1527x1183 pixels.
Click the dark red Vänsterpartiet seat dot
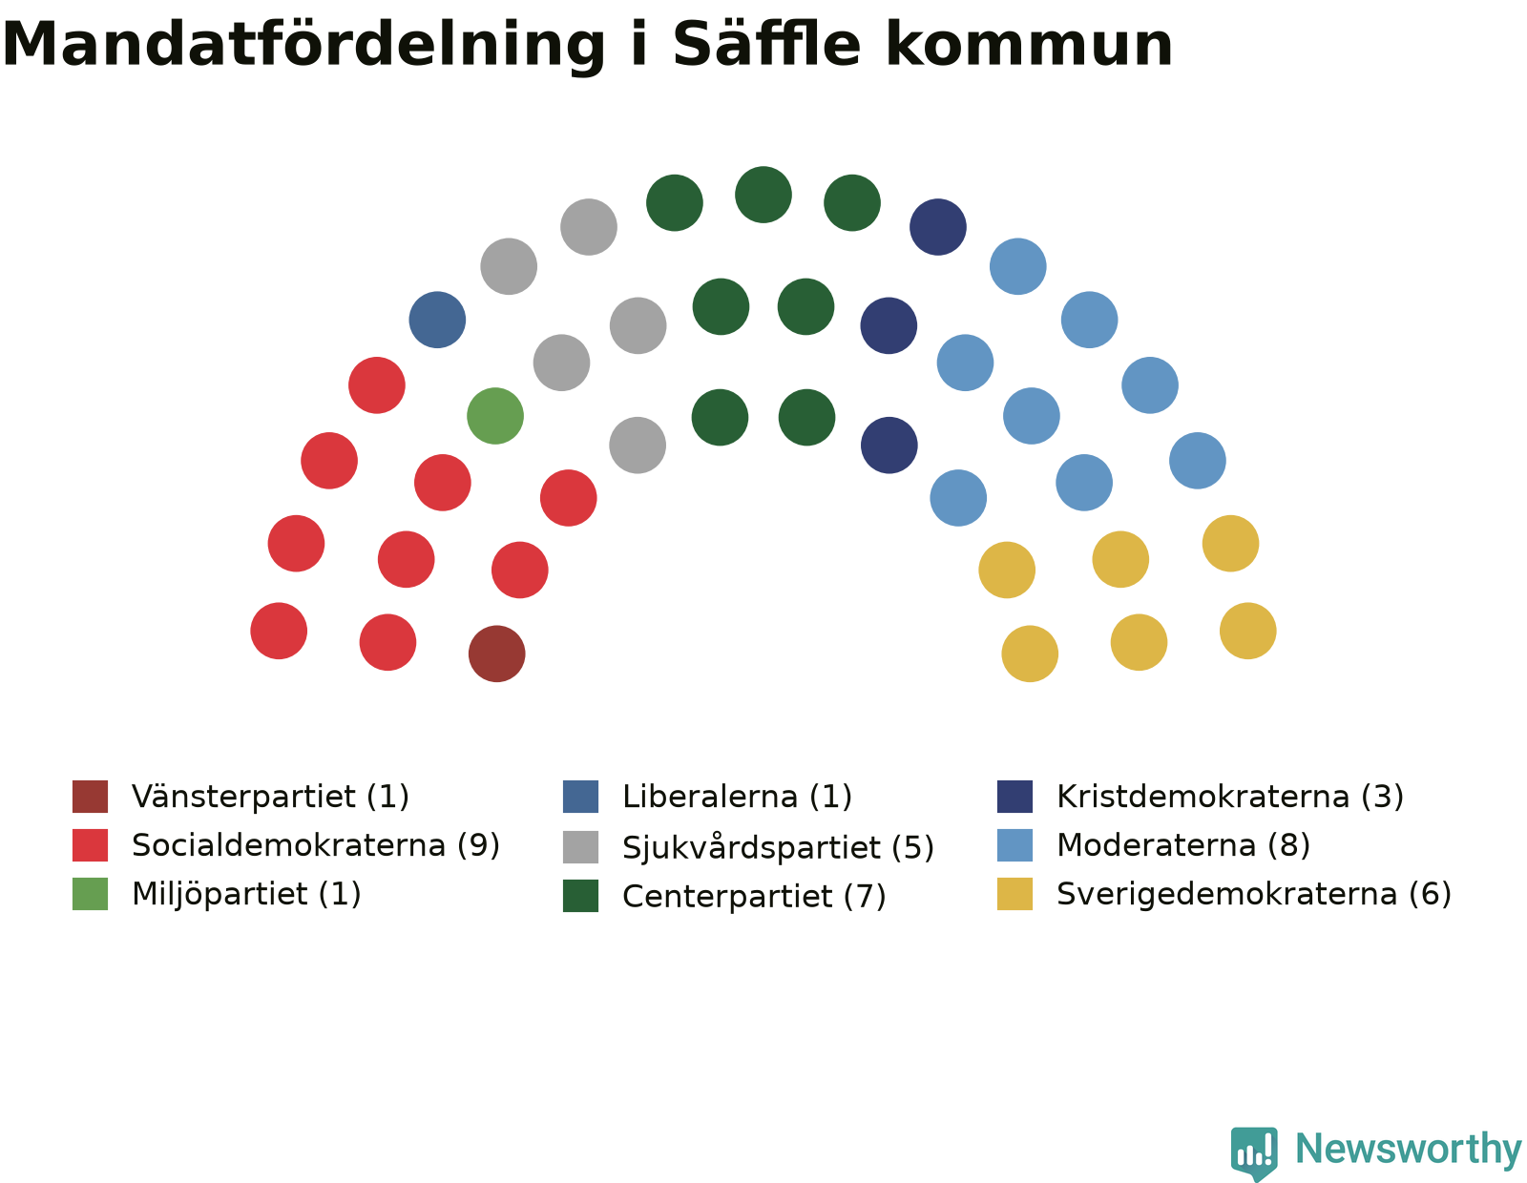coord(497,654)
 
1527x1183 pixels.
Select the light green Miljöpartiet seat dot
coord(495,416)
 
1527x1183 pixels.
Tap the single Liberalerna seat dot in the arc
coord(437,320)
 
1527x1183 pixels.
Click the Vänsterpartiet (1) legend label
coord(270,797)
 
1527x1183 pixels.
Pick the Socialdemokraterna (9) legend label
coord(316,845)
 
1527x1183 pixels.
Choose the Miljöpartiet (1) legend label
coord(246,894)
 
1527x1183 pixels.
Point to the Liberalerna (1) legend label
coord(737,797)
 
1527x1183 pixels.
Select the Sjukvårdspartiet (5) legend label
coord(778,847)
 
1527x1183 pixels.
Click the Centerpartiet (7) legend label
coord(754,897)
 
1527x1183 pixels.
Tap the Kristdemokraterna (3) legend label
coord(1230,797)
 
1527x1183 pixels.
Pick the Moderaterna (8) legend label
coord(1183,845)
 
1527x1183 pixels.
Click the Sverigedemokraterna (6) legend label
coord(1254,894)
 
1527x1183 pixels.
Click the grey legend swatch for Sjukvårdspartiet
coord(580,847)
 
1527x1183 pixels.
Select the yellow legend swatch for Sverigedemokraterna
coord(1015,894)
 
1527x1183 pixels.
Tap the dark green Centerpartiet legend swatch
coord(580,896)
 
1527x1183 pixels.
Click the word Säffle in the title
coord(766,44)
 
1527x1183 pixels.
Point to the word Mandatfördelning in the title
coord(303,46)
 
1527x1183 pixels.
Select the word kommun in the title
coord(1030,44)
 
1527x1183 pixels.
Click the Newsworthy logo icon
coord(1254,1153)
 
